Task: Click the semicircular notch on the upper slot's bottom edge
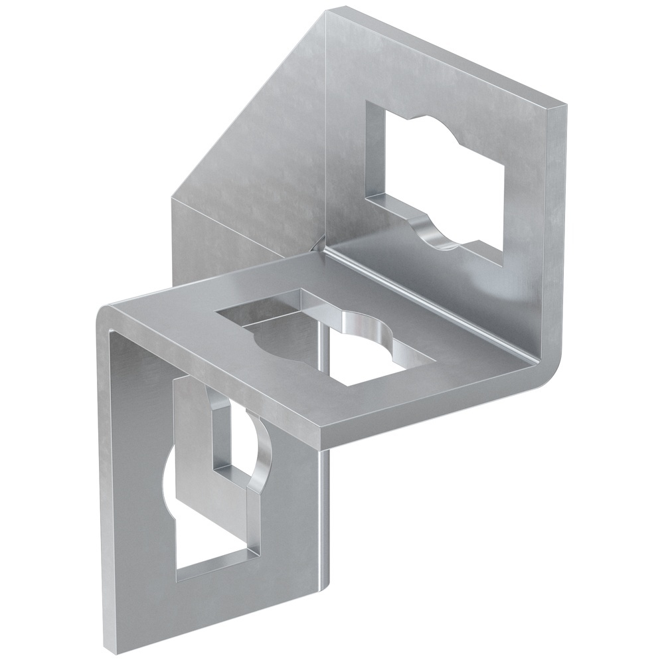tap(435, 232)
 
